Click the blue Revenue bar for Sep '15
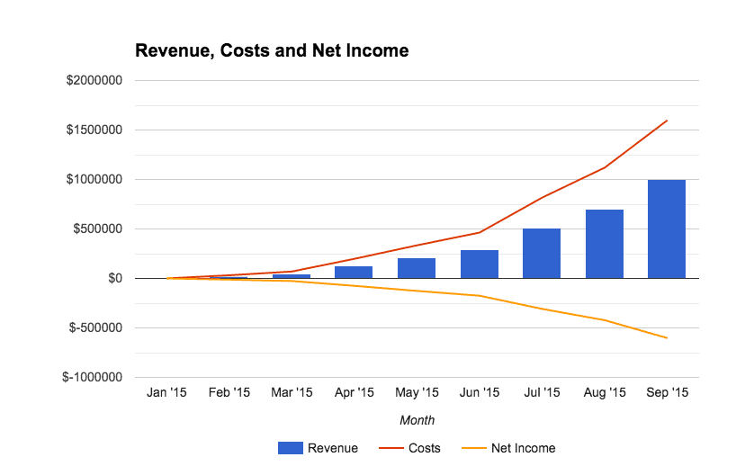coord(667,229)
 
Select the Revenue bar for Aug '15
coord(605,244)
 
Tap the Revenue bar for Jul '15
coord(542,254)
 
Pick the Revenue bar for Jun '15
coord(480,264)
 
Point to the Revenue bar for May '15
coord(417,268)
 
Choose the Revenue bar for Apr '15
coord(355,272)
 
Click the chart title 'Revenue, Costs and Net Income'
coord(272,51)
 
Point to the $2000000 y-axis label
coord(94,80)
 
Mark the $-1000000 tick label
coord(93,378)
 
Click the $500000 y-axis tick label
coord(98,229)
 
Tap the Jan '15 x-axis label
coord(166,392)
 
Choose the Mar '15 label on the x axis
coord(292,392)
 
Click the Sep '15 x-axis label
coord(667,392)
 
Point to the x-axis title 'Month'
coord(417,420)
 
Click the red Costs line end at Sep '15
coord(667,121)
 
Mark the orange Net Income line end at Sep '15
coord(667,337)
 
